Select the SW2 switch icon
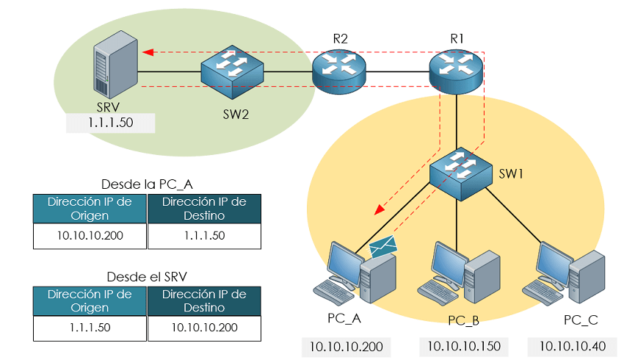click(x=233, y=71)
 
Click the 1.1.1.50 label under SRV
click(x=110, y=123)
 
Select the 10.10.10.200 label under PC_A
click(x=346, y=346)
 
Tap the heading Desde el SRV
click(x=145, y=277)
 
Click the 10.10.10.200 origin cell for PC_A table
click(x=89, y=235)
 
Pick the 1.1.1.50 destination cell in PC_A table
click(x=204, y=235)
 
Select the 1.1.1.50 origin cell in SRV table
click(x=89, y=328)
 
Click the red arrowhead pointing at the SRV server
click(x=147, y=52)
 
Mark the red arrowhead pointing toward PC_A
click(x=379, y=210)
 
